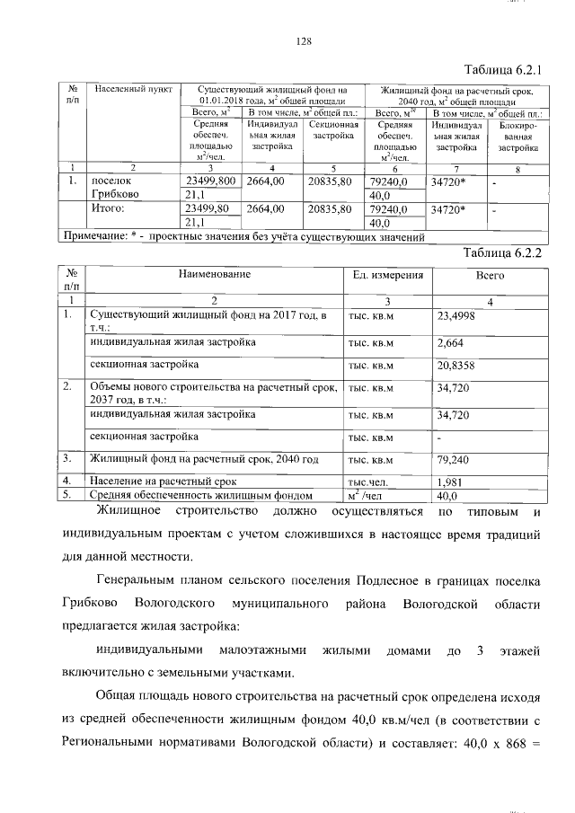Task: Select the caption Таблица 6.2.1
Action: (506, 69)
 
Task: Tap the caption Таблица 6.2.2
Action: (506, 252)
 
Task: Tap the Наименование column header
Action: (213, 273)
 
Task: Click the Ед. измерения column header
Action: (387, 273)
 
